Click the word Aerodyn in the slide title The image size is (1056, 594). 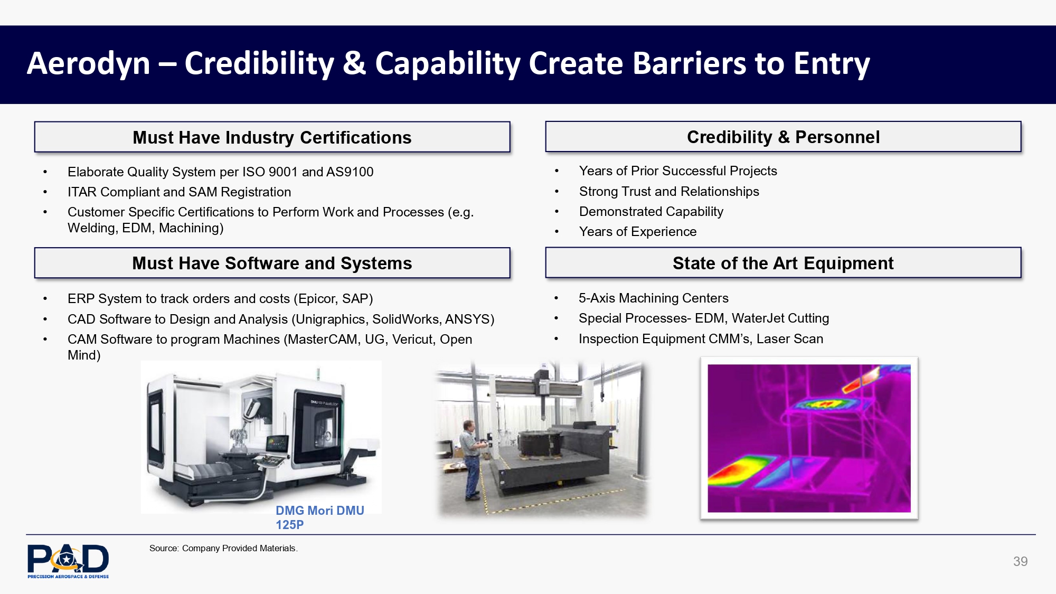coord(89,63)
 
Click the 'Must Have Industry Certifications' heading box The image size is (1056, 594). coord(272,137)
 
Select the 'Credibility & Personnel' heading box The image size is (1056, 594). coord(783,137)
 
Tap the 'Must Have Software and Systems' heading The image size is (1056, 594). coord(272,263)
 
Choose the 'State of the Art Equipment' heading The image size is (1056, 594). coord(783,263)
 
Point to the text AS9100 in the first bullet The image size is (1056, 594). coord(350,172)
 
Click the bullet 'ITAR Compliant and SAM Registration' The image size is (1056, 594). coord(180,192)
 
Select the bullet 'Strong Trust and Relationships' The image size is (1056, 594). coord(669,191)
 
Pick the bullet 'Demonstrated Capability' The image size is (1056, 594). coord(651,211)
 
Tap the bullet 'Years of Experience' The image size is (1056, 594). coord(638,231)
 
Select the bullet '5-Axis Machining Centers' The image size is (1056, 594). coord(654,298)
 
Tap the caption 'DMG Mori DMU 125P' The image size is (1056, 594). coord(320,517)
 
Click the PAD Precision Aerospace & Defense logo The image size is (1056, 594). coord(68,561)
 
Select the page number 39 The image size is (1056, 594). coord(1020,561)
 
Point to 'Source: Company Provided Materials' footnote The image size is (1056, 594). coord(223,548)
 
